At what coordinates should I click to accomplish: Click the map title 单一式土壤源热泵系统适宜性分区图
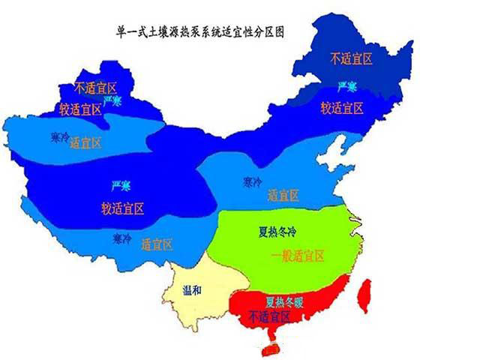pos(200,34)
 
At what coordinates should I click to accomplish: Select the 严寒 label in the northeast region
pos(346,85)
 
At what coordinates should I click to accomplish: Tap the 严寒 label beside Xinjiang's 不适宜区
pos(112,100)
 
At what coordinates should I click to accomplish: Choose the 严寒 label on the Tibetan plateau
pos(121,185)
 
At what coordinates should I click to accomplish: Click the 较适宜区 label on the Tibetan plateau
pos(122,208)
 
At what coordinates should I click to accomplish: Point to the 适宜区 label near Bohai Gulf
pos(283,196)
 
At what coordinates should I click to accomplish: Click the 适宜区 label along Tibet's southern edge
pos(156,243)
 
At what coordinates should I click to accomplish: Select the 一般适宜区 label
pos(298,256)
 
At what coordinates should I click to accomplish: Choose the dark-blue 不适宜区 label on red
pos(269,318)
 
